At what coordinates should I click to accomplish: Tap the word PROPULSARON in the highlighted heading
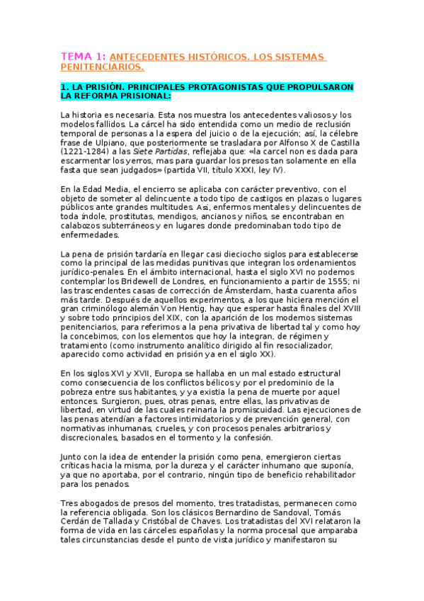click(296, 86)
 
